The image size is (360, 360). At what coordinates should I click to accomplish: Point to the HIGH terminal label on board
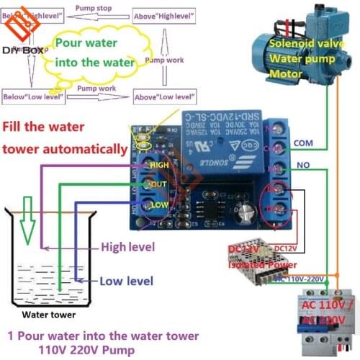tap(160, 166)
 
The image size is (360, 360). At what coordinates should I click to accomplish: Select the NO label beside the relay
tap(302, 165)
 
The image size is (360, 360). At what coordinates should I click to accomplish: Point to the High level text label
tap(128, 247)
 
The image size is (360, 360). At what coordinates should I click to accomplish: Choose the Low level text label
tap(127, 281)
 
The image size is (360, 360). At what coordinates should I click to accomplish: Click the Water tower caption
tap(48, 315)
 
